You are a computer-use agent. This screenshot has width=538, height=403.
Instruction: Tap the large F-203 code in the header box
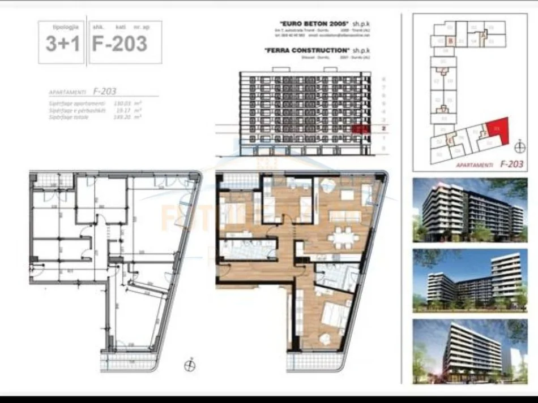(x=119, y=44)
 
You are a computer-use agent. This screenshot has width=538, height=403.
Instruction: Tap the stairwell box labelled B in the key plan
(x=449, y=41)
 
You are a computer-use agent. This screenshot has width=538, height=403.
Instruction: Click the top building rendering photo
(x=470, y=209)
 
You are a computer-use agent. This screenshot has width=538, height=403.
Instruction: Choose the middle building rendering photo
(x=470, y=280)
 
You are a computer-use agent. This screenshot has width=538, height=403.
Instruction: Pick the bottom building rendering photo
(x=470, y=351)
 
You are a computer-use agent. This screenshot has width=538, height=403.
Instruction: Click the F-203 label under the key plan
(x=511, y=164)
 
